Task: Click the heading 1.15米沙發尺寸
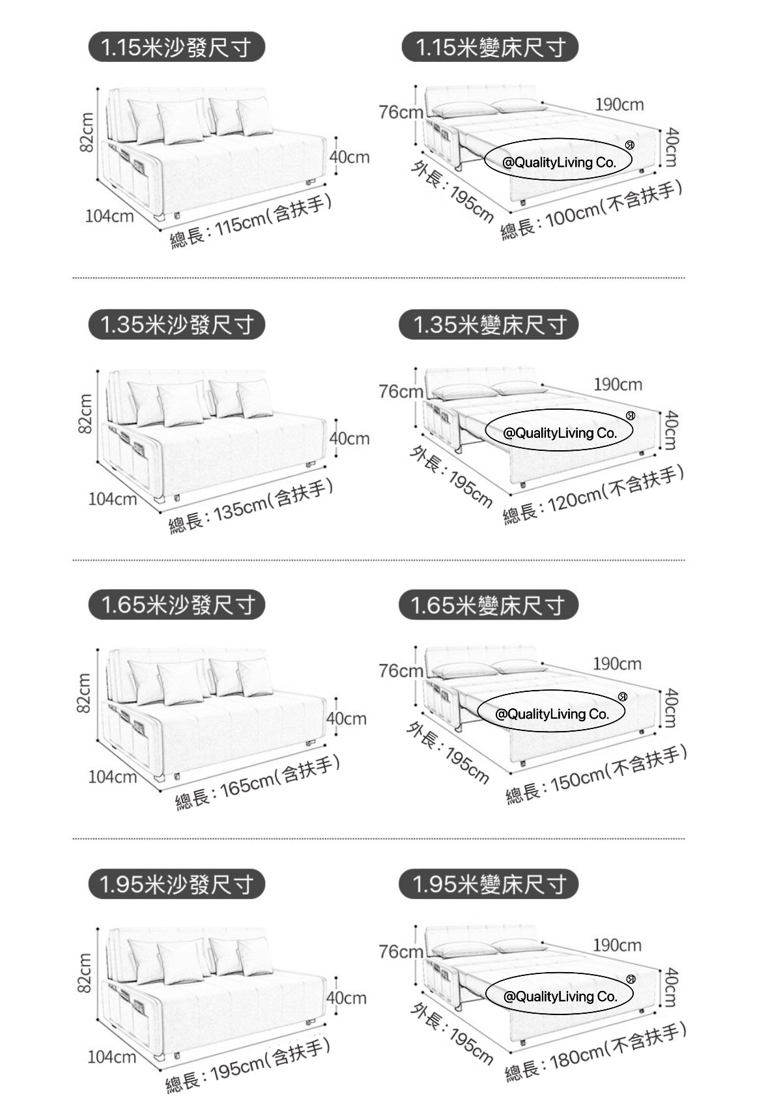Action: pos(177,47)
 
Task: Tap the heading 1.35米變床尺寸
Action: pos(489,324)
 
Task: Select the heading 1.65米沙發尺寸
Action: pos(177,605)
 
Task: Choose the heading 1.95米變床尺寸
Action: pos(489,884)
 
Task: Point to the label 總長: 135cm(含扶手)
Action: pos(251,506)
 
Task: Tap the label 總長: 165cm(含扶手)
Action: pos(258,783)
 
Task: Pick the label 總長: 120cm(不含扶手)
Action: pos(593,494)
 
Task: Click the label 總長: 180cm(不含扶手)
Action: pos(596,1052)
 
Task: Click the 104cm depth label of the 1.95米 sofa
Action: pos(112,1057)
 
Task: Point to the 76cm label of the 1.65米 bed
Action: pos(401,670)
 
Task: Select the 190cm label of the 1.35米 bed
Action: pos(618,384)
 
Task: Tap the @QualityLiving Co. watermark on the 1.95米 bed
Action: pos(560,996)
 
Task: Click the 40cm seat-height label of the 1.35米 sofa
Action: pos(349,438)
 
